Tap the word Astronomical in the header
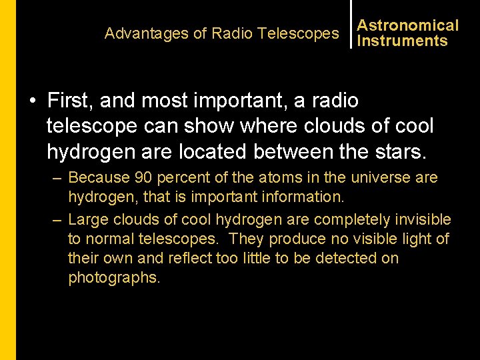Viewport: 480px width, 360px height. (408, 25)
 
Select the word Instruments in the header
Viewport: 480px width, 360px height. (402, 41)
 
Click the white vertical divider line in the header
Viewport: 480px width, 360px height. (351, 25)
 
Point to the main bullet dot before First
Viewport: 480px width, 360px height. (32, 101)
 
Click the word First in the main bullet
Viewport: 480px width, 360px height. (68, 101)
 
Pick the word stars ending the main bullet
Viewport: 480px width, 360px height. (403, 151)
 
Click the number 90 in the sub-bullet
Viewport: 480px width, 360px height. (143, 178)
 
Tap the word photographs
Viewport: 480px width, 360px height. (114, 277)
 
